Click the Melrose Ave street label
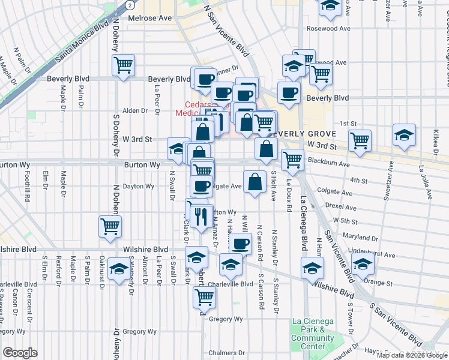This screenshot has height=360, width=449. [x=151, y=18]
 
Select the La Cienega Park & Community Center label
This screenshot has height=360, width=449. [x=313, y=334]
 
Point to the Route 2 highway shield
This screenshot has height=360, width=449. [x=130, y=4]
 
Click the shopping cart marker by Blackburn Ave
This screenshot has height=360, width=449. [x=292, y=159]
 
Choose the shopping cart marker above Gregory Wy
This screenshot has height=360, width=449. [x=205, y=296]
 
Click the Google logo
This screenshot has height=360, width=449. [x=20, y=353]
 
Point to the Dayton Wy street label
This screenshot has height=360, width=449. [x=137, y=186]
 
